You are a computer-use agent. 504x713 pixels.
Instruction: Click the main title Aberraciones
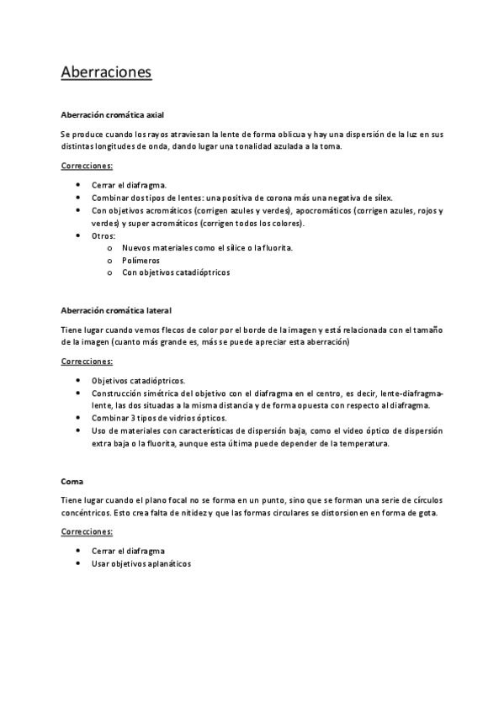click(106, 72)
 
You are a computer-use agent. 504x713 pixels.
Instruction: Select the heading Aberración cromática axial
click(118, 114)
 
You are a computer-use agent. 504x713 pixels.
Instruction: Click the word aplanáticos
click(168, 563)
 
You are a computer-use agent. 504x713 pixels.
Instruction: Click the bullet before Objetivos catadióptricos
click(78, 380)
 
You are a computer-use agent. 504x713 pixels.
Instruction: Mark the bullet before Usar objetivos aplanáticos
click(78, 563)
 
